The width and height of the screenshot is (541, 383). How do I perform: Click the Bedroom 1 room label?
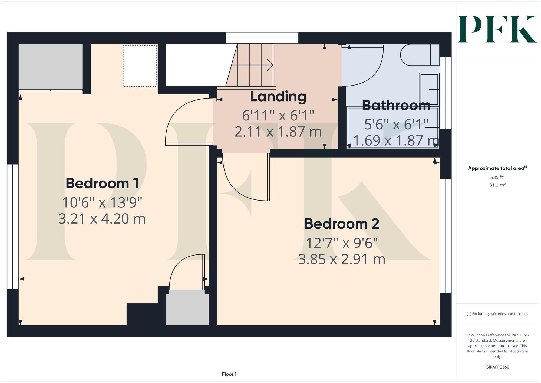coord(102,183)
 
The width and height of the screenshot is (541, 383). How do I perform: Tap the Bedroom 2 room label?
coord(342,224)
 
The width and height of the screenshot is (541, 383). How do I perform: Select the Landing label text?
coord(278,96)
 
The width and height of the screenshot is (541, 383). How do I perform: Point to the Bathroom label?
coord(396,105)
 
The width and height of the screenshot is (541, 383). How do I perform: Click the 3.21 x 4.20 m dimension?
coord(102,218)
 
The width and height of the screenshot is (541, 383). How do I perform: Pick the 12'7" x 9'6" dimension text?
coord(342,243)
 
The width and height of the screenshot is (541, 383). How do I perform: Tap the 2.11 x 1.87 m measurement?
coord(278,132)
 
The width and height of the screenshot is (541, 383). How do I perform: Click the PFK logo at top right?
coord(497,29)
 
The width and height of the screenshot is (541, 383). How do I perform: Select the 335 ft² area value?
coord(497,177)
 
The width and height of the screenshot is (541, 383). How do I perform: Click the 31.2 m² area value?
coord(497,185)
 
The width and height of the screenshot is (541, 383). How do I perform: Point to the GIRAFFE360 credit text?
coord(497,367)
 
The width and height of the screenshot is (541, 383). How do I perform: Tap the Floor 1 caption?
coord(229,374)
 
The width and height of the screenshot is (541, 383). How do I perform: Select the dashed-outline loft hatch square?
coord(140,66)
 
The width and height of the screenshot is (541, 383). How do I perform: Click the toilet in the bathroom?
coord(419,55)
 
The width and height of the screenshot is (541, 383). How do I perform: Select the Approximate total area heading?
coord(497,168)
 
